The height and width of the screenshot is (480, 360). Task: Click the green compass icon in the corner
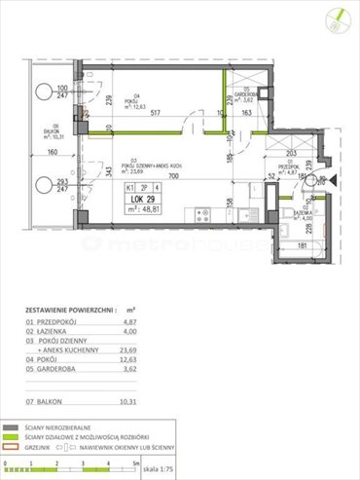coord(341,17)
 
